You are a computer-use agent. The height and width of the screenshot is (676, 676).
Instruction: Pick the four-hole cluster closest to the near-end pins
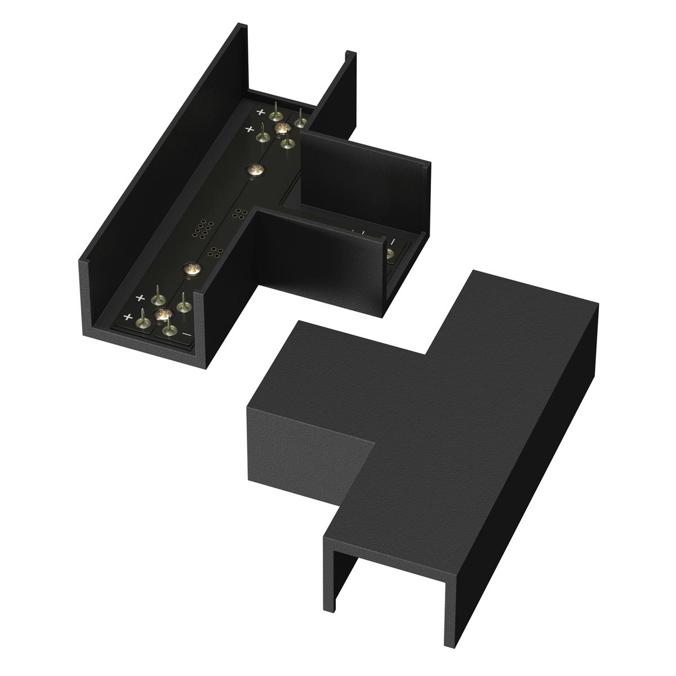pyautogui.click(x=215, y=252)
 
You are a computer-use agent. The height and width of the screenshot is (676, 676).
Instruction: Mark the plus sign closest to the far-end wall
pyautogui.click(x=260, y=112)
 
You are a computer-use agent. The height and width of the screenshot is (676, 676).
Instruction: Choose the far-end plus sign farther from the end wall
pyautogui.click(x=247, y=130)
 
